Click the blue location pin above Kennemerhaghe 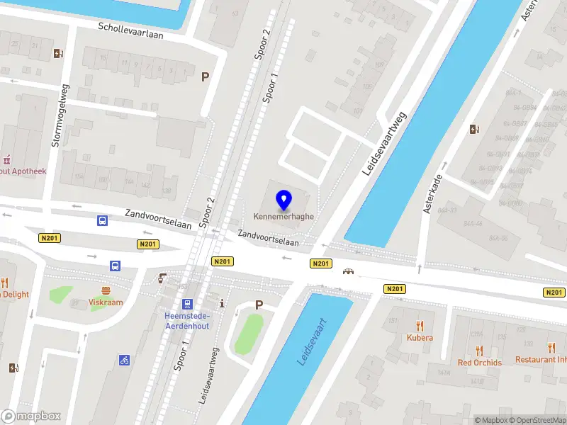(x=284, y=200)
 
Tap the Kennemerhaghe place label (x=284, y=216)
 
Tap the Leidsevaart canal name (x=312, y=341)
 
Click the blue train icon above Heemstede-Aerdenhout (x=187, y=304)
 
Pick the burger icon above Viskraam (x=106, y=290)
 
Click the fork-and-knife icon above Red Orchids (x=480, y=350)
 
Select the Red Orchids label (x=480, y=363)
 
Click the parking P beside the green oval (x=259, y=305)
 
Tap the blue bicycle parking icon (x=124, y=361)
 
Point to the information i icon (x=223, y=303)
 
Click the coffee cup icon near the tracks (x=162, y=278)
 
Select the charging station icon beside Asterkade (x=474, y=129)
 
